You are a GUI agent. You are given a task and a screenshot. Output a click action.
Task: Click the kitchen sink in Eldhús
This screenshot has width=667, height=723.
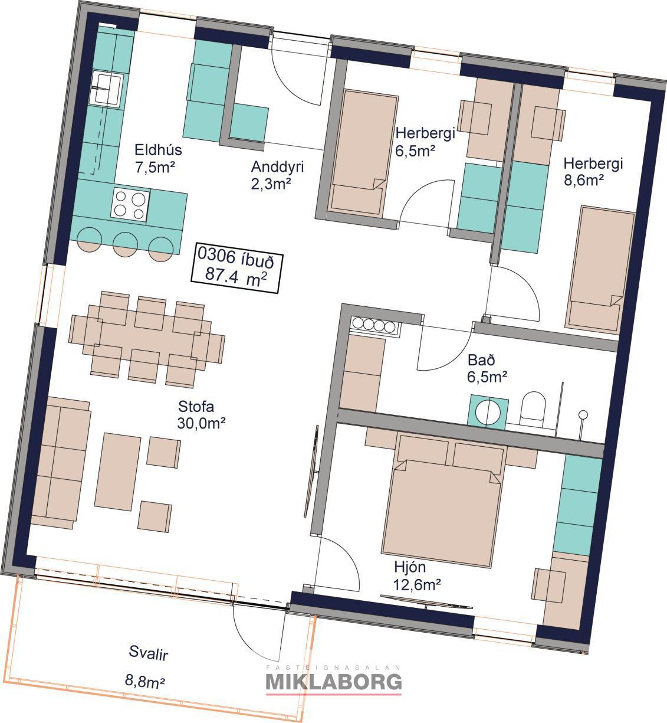click(x=107, y=89)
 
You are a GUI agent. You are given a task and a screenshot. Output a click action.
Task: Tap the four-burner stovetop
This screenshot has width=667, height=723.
click(x=130, y=205)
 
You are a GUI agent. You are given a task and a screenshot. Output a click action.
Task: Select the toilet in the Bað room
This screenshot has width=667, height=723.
click(x=533, y=410)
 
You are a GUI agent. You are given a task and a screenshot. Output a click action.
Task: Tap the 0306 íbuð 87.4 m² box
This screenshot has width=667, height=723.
click(x=236, y=268)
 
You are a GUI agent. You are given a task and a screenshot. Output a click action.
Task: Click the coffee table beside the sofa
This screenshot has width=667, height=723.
click(x=117, y=472)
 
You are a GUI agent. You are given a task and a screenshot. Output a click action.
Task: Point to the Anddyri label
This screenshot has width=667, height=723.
click(x=277, y=167)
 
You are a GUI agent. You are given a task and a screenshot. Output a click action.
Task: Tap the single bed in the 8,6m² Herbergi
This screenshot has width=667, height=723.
click(x=600, y=270)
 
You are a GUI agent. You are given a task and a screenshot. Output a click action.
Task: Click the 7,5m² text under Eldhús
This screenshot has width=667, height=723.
click(x=155, y=167)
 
